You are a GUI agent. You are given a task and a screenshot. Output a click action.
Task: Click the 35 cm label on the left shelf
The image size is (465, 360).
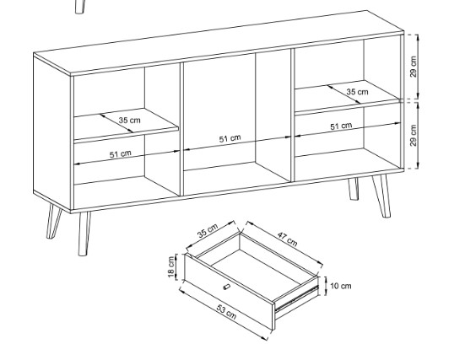click(130, 121)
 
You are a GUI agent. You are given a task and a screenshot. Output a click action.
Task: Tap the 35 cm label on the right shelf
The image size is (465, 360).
click(357, 92)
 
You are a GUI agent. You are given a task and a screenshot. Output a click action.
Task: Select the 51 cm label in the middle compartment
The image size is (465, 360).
click(230, 138)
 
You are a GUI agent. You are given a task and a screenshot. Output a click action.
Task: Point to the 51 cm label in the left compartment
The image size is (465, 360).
click(121, 154)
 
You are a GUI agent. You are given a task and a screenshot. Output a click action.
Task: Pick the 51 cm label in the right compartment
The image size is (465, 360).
click(341, 126)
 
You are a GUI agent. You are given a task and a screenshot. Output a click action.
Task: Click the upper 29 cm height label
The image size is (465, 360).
click(414, 67)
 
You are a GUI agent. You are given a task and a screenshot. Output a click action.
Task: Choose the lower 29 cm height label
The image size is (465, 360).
click(414, 135)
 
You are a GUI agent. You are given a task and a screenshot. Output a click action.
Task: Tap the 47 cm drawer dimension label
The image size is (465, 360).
click(288, 239)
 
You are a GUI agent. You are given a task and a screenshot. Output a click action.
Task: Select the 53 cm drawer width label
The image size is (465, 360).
click(226, 312)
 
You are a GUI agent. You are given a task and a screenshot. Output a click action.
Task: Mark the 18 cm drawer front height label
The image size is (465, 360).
click(171, 267)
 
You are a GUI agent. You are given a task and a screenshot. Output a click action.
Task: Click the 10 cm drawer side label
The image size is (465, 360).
click(341, 286)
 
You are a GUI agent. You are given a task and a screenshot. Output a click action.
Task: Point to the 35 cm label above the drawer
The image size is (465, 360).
click(208, 230)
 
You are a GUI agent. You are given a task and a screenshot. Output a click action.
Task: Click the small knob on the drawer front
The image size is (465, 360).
click(226, 287)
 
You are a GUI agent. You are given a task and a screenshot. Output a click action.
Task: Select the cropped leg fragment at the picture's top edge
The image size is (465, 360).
click(79, 7)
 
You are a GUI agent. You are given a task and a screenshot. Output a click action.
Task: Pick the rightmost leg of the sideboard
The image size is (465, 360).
click(381, 196)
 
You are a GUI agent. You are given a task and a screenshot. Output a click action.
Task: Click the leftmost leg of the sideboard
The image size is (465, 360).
click(54, 221)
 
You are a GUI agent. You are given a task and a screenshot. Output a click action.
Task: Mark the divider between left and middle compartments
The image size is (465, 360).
click(181, 129)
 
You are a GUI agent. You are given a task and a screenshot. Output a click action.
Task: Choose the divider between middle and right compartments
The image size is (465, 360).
click(292, 115)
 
